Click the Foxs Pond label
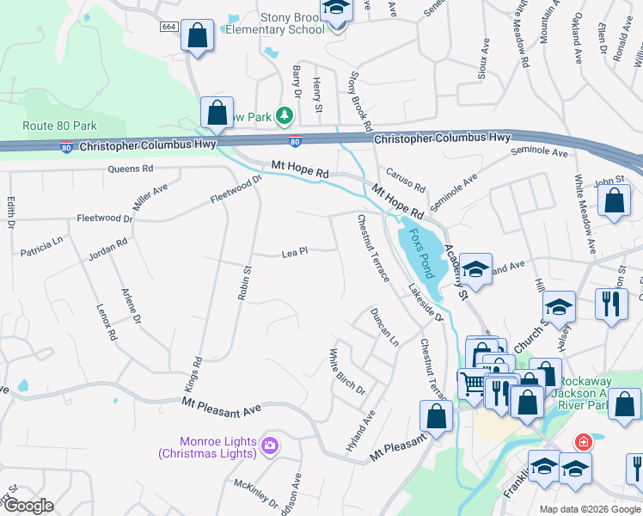coord(421,249)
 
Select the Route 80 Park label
coord(59,126)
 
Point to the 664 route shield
coord(168,28)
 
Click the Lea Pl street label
coord(295,253)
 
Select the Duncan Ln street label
coord(384,327)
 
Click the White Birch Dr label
coord(346,372)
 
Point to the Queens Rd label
coord(130,169)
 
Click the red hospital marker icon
coord(584,442)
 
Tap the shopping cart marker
coord(471,382)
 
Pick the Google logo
coord(28,506)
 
